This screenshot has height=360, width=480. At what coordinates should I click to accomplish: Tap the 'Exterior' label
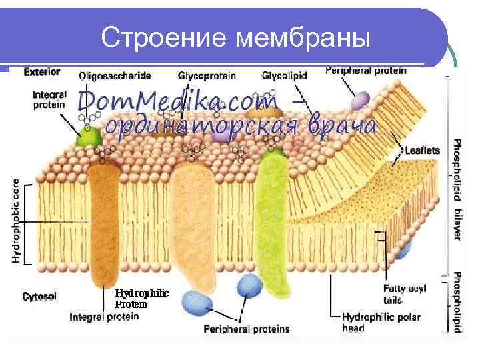pos(41,71)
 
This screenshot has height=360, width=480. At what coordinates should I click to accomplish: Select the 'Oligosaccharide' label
pos(115,76)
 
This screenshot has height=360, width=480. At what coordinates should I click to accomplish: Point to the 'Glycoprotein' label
pos(207,76)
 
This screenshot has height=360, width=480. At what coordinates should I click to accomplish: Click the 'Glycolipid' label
pos(284,76)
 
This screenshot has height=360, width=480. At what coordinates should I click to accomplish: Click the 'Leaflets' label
pos(422,151)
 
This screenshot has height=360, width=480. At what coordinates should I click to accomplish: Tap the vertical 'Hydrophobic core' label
pos(17,220)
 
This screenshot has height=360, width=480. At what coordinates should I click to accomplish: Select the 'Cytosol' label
pos(39,295)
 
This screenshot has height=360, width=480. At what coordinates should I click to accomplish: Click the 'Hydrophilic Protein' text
pos(141,298)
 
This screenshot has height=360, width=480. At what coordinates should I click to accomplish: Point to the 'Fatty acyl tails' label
pos(404,294)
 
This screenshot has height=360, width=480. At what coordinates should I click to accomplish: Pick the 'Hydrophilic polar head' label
pos(381,322)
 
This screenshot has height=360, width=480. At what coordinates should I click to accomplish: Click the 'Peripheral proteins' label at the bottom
pos(247,329)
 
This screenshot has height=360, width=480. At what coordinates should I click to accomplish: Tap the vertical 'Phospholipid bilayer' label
pos(457,190)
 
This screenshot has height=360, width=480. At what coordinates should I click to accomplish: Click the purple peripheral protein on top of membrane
pos(359,100)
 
